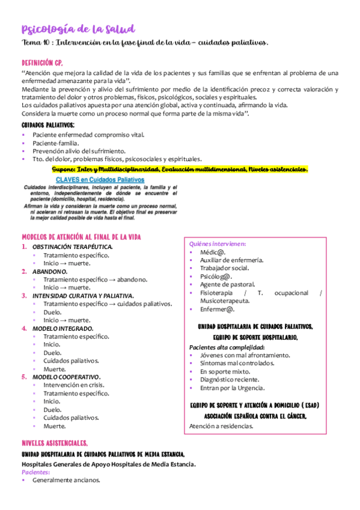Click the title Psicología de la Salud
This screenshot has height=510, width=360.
(78, 29)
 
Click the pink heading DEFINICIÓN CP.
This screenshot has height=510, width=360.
(41, 63)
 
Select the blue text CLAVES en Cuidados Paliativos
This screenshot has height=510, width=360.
(100, 180)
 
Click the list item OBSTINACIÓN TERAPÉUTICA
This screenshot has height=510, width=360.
(72, 247)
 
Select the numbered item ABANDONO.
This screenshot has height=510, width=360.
(50, 271)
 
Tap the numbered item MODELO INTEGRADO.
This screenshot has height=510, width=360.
(63, 328)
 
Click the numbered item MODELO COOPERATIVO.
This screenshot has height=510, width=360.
(66, 377)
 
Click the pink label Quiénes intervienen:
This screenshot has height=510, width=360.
(218, 244)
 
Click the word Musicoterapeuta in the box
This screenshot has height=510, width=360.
(225, 301)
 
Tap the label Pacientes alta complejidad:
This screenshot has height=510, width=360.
(227, 348)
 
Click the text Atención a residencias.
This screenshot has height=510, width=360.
(221, 426)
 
